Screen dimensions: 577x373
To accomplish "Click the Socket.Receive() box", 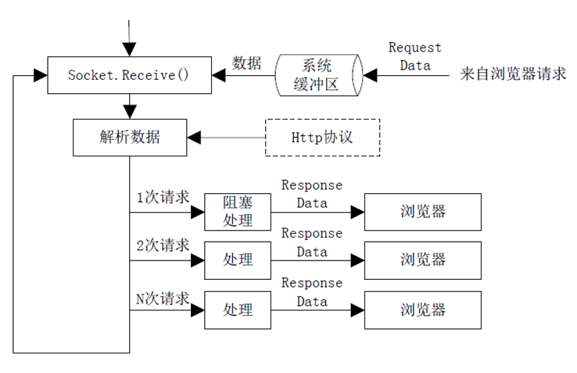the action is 130,75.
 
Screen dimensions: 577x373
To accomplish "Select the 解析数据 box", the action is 130,138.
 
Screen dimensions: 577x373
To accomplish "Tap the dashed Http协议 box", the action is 322,138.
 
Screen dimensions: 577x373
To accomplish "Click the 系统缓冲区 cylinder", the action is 319,75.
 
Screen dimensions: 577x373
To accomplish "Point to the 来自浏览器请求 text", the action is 513,74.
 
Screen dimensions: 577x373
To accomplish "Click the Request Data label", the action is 415,56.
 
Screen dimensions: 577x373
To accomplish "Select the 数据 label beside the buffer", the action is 246,63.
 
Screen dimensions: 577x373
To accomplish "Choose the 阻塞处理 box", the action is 238,212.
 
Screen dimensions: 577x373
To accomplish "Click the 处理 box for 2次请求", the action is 238,260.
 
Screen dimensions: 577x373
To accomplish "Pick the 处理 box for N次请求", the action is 238,310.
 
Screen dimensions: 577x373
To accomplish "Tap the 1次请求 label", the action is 163,197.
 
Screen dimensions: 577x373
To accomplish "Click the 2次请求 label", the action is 163,246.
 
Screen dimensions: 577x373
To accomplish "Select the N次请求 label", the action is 163,298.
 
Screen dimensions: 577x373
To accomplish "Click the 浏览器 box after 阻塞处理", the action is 423,212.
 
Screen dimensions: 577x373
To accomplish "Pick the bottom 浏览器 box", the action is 423,310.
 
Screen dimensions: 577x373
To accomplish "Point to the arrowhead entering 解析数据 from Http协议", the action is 194,138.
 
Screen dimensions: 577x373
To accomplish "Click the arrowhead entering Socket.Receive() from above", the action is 130,50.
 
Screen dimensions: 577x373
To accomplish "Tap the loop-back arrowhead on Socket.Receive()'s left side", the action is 41,76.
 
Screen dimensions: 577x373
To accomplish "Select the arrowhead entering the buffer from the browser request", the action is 370,76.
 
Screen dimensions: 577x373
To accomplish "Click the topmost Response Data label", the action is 312,194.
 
